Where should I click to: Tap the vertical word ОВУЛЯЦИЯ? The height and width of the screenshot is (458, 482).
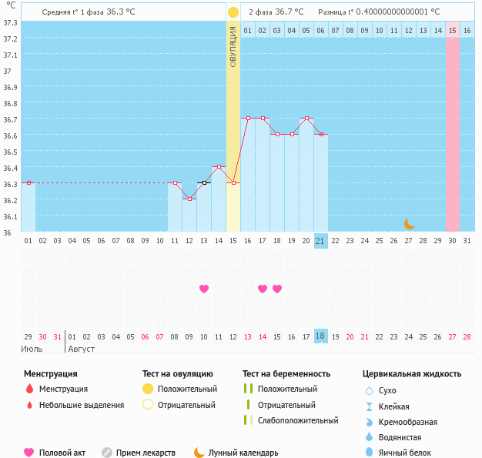tap(233, 45)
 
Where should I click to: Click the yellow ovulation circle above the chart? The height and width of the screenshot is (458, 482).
tap(233, 12)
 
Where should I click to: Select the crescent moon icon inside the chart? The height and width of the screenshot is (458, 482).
tap(410, 224)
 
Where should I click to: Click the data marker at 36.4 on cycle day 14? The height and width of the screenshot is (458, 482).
tap(219, 166)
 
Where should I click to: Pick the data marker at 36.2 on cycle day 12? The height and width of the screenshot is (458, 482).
tap(189, 199)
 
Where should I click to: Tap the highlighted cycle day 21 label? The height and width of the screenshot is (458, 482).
tap(321, 241)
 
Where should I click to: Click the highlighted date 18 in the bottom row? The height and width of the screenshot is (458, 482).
tap(321, 336)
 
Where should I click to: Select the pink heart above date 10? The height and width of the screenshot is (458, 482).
tap(204, 289)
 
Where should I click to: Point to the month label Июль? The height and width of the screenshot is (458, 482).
tap(32, 349)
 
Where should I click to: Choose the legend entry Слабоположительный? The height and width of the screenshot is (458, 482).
tap(297, 420)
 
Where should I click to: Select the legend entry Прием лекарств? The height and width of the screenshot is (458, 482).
tap(146, 453)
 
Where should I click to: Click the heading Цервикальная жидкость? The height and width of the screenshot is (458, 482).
tap(412, 373)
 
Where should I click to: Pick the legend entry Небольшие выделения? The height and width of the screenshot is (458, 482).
tap(81, 405)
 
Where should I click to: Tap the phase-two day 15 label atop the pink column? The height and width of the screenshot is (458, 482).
tap(453, 30)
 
